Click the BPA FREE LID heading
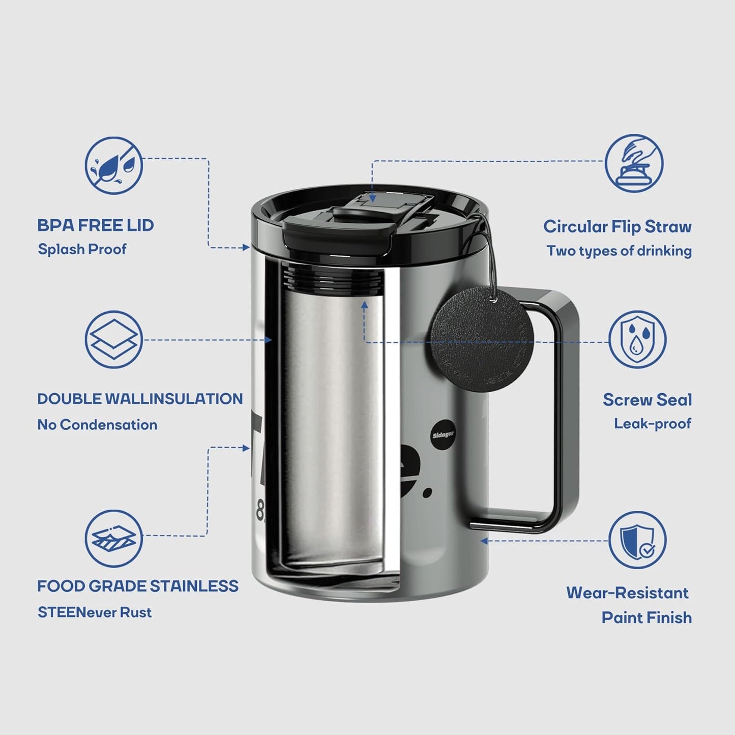click(x=95, y=225)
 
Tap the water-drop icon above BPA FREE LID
click(x=113, y=165)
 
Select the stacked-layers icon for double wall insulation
click(x=113, y=339)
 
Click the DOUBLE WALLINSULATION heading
click(x=140, y=399)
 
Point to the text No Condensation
click(x=97, y=425)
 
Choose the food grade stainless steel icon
click(x=113, y=538)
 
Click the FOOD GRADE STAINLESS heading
click(x=137, y=586)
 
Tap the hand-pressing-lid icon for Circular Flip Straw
click(x=634, y=163)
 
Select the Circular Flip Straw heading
click(x=617, y=226)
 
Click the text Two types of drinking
click(x=619, y=251)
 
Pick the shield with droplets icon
click(x=637, y=339)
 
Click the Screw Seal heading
click(x=647, y=400)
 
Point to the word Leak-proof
click(x=652, y=424)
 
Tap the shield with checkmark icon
click(x=637, y=540)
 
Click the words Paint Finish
click(x=646, y=618)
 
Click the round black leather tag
click(x=482, y=339)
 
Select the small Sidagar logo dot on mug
click(x=443, y=435)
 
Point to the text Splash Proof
click(x=82, y=249)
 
